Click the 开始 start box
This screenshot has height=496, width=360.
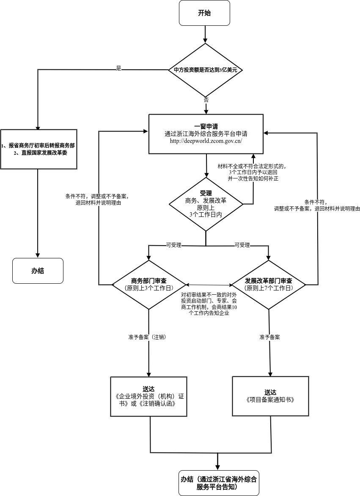(204, 13)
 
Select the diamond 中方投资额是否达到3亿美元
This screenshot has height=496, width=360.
(206, 70)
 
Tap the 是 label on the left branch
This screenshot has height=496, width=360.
(118, 68)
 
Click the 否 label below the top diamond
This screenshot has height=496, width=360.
(206, 100)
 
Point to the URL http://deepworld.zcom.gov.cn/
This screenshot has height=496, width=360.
(206, 141)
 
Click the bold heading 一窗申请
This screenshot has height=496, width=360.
(206, 126)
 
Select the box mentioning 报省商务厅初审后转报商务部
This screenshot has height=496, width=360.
(38, 149)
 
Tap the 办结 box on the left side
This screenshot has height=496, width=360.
(38, 271)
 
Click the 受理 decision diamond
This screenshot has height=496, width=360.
(206, 204)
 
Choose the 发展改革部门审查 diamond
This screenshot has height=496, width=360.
(269, 284)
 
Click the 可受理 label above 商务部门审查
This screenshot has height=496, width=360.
(173, 245)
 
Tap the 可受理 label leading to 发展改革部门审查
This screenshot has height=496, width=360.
(242, 245)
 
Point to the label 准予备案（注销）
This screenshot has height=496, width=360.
(146, 337)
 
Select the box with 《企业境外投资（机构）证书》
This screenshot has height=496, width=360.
(148, 396)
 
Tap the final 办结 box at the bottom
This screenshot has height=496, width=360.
(219, 483)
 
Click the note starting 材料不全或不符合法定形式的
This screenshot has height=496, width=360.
(253, 172)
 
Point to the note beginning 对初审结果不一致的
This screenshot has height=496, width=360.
(209, 304)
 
